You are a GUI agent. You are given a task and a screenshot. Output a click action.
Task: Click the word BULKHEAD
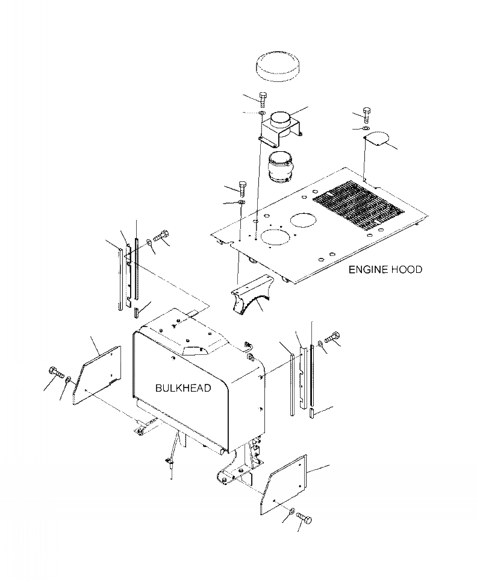click(x=183, y=388)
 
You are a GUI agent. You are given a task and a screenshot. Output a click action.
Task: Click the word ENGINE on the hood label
click(x=368, y=269)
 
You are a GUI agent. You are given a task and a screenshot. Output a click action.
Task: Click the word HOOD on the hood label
click(x=407, y=269)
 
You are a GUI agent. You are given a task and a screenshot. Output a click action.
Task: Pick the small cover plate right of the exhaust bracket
click(x=379, y=140)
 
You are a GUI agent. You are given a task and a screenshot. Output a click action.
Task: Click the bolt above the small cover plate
click(x=367, y=114)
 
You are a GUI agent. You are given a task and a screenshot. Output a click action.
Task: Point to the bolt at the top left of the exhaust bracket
click(x=263, y=98)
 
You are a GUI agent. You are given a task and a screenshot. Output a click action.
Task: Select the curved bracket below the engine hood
click(x=250, y=293)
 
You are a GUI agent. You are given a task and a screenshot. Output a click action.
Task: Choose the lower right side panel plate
click(x=283, y=484)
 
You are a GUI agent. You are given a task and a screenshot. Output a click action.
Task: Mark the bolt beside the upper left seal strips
click(x=163, y=234)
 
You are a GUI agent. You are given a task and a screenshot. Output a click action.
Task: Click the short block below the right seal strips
click(x=313, y=413)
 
